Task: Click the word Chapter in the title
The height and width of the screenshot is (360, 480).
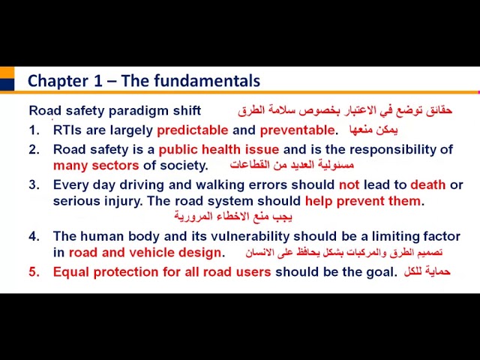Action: coord(56,81)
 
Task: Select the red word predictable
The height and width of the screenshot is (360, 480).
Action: coord(192,130)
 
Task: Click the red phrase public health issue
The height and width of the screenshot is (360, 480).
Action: coord(218,149)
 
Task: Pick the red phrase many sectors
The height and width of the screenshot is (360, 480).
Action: coord(96,165)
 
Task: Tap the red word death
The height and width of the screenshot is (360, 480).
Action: coord(427,184)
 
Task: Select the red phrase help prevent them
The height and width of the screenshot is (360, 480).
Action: coord(363,201)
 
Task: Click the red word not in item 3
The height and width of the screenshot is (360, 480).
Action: coord(349,184)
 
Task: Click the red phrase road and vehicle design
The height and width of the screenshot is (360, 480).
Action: coord(145,253)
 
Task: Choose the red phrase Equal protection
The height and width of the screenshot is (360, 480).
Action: coord(106,272)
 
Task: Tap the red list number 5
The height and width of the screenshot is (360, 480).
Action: coord(34,272)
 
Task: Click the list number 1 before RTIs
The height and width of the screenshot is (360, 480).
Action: coord(34,130)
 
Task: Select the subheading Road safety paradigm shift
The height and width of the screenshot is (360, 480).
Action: coord(115,110)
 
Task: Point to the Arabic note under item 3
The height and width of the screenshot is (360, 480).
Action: coord(233,217)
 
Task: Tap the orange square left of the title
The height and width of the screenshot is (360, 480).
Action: coord(7,73)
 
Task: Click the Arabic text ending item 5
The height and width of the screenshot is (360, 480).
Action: coord(427,271)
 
